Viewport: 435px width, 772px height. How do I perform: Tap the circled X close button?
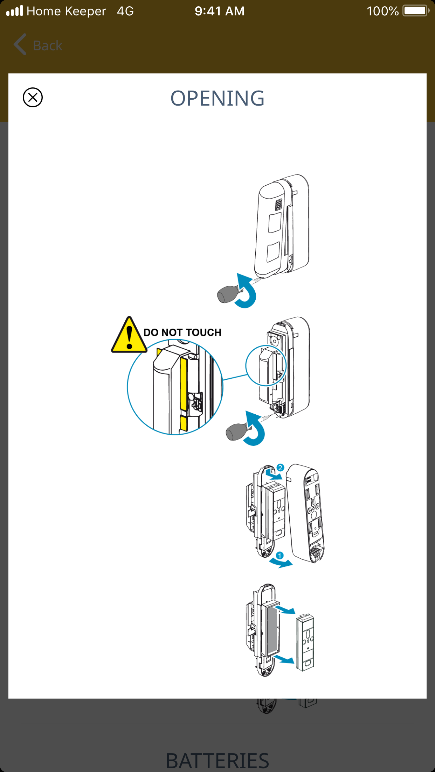point(33,97)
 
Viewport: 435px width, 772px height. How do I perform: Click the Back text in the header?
point(48,46)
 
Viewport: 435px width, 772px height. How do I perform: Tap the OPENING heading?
point(217,98)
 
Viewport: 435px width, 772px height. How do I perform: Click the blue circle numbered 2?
point(280,468)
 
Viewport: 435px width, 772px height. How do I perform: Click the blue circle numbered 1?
point(279,556)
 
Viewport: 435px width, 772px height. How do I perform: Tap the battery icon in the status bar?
point(415,11)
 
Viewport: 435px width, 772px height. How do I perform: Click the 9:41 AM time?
point(220,11)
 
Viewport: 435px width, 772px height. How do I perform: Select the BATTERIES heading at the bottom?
point(217,760)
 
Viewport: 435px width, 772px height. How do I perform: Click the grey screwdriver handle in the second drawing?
point(236,432)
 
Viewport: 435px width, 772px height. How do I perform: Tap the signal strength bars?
point(15,11)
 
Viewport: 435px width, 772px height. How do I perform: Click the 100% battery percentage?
point(382,11)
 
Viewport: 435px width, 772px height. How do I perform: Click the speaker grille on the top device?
point(278,205)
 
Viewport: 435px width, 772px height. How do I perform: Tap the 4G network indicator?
point(125,11)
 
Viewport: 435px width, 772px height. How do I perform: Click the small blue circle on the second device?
point(266,365)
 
